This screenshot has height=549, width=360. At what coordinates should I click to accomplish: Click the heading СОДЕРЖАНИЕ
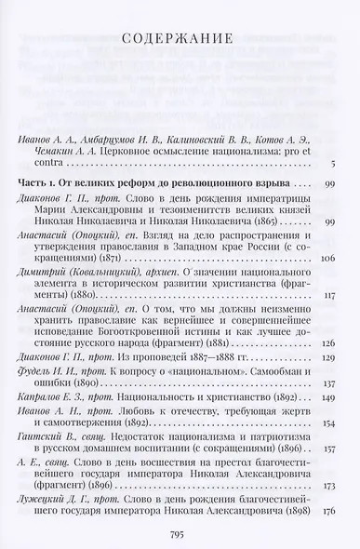coord(179,38)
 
